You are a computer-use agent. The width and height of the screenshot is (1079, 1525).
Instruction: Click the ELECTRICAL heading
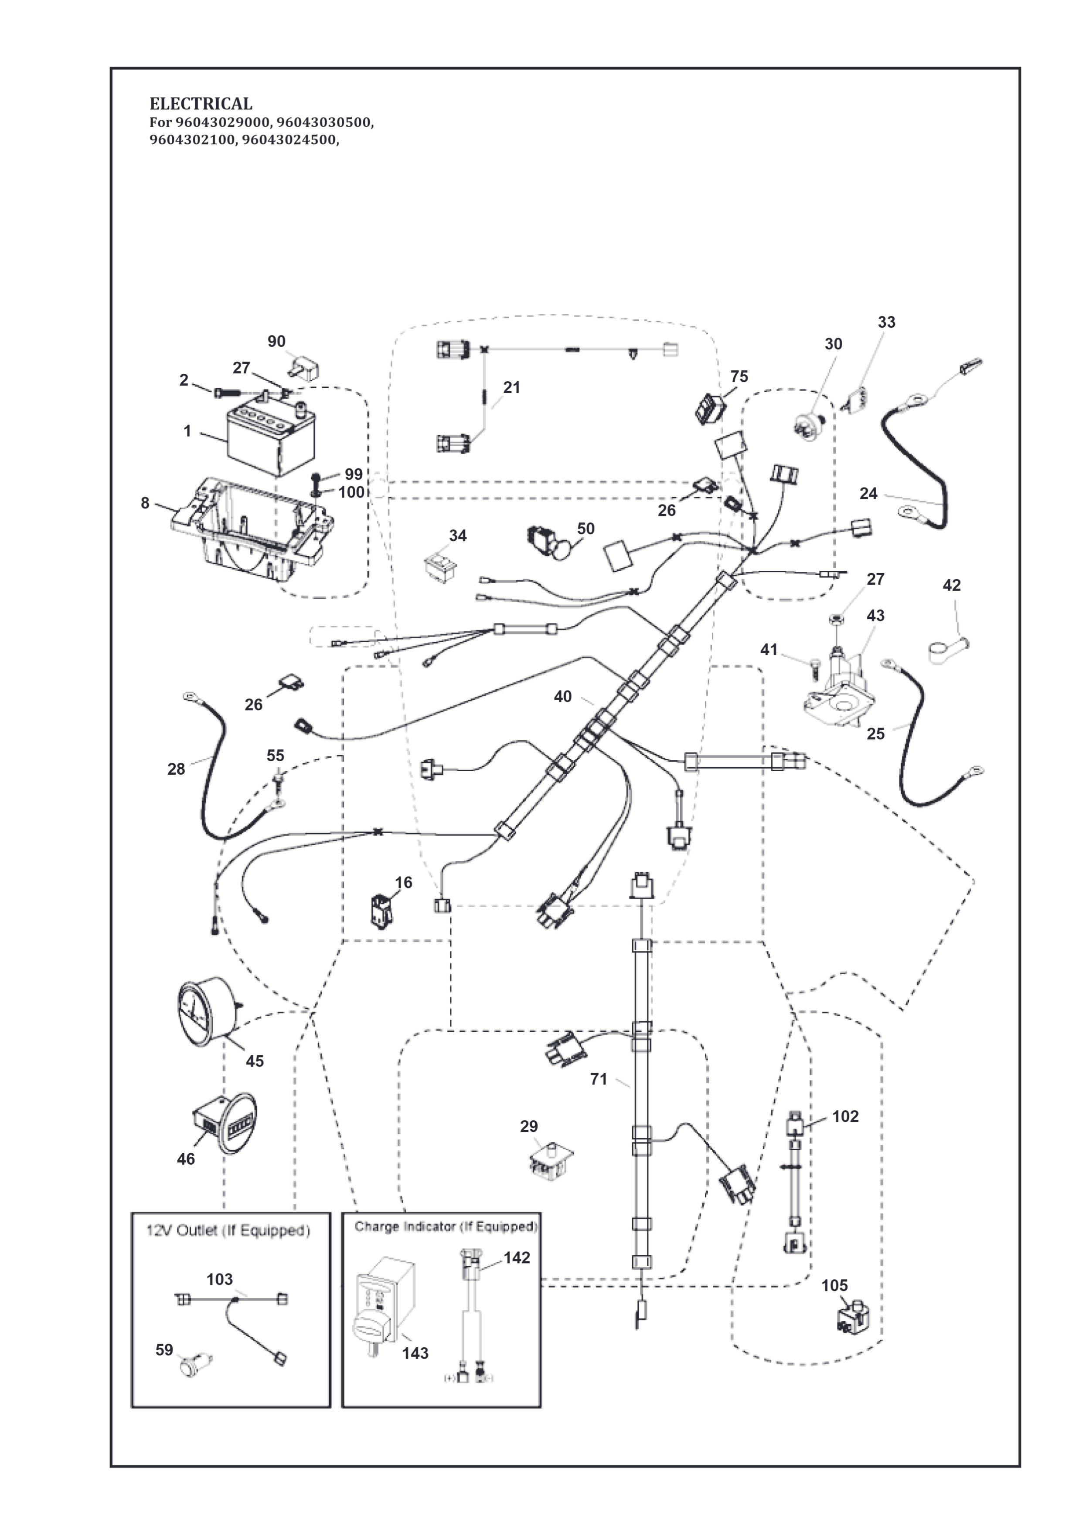pyautogui.click(x=201, y=104)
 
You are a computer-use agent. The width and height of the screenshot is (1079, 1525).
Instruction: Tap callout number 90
pyautogui.click(x=276, y=342)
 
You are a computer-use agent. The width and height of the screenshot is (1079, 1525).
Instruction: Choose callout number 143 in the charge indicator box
pyautogui.click(x=415, y=1353)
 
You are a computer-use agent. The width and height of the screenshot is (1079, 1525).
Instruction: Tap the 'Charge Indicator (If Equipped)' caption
pyautogui.click(x=445, y=1226)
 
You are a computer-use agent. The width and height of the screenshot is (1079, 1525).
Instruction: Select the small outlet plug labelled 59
pyautogui.click(x=197, y=1365)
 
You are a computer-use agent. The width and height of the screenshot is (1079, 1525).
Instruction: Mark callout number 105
pyautogui.click(x=834, y=1286)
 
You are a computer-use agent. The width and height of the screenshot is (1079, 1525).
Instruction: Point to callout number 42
pyautogui.click(x=951, y=585)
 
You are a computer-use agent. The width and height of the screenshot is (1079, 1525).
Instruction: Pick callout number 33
pyautogui.click(x=886, y=322)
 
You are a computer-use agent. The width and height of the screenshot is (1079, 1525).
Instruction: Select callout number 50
pyautogui.click(x=585, y=529)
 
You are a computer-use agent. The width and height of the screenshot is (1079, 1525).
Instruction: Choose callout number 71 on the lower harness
pyautogui.click(x=599, y=1079)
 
